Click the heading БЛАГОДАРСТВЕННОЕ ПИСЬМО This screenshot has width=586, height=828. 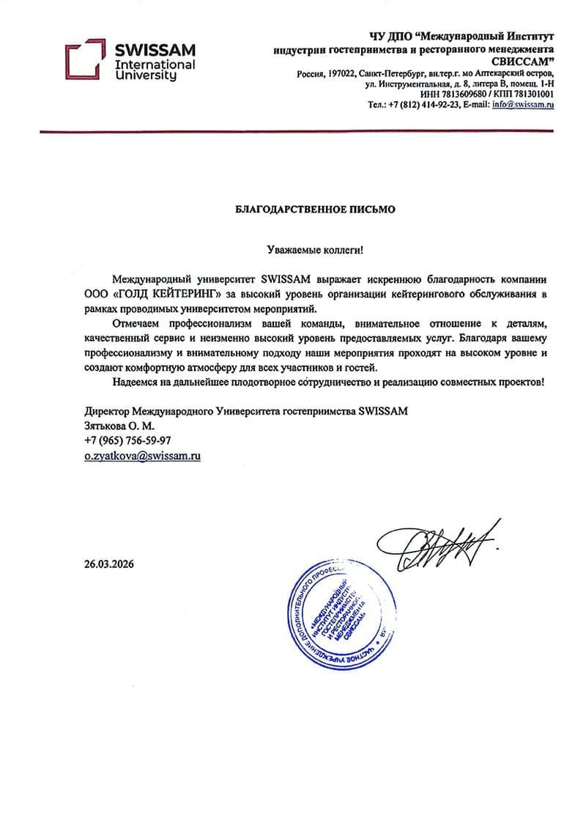314,209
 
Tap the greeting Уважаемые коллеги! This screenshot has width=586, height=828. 314,250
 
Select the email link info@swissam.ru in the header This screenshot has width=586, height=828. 523,105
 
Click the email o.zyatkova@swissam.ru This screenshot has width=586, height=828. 143,455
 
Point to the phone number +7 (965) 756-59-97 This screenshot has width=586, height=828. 127,440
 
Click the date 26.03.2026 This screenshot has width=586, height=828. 110,564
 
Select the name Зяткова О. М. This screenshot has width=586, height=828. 119,426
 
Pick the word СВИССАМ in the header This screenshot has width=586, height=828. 522,61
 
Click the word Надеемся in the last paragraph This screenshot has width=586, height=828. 138,383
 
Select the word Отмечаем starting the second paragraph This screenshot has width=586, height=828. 139,324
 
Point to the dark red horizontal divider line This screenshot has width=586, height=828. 314,131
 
